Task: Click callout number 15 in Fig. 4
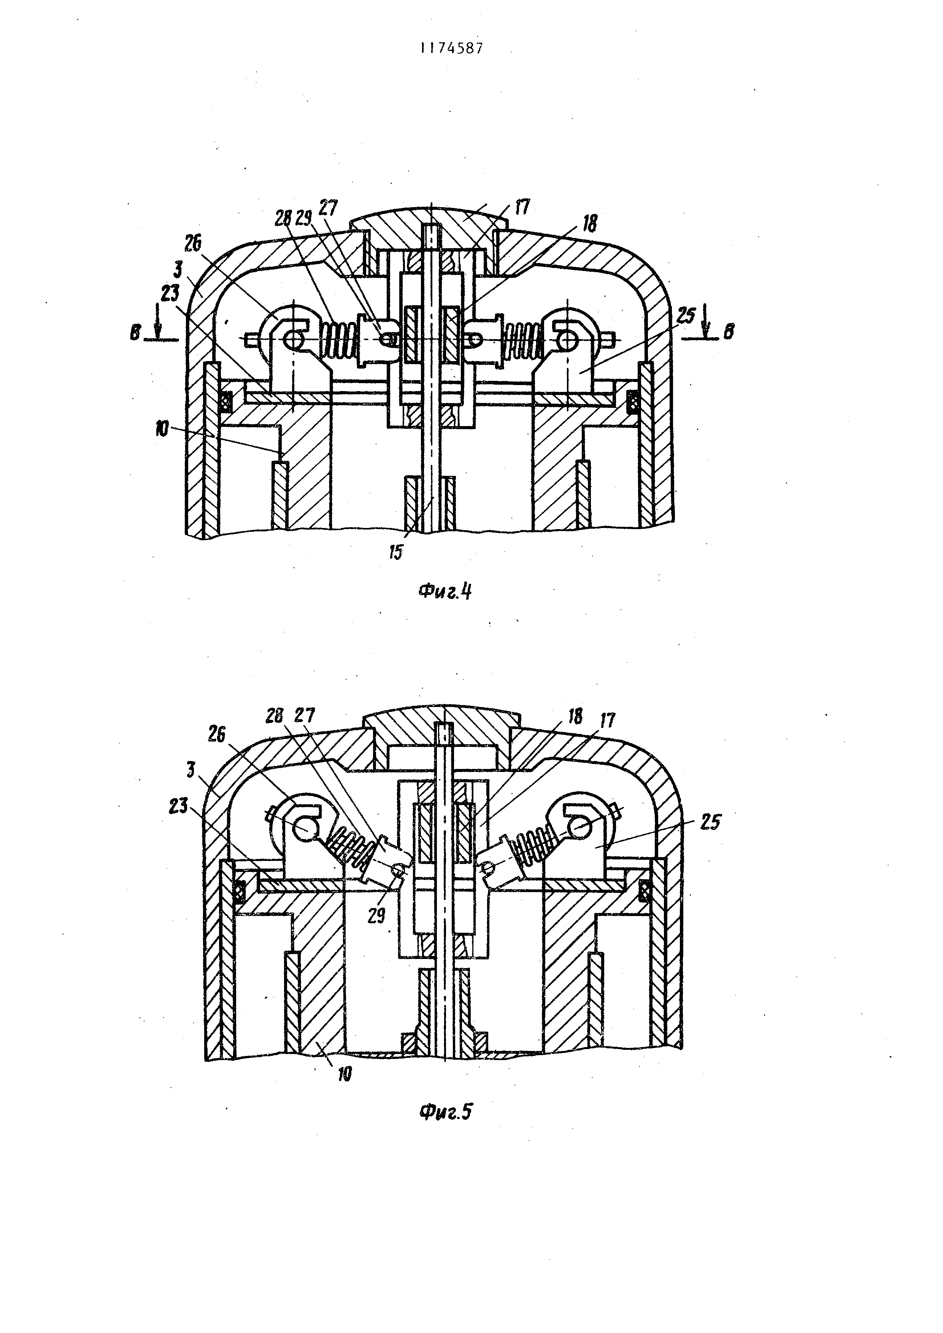coord(395,552)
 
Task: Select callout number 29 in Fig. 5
coord(376,916)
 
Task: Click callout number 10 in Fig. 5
coord(344,1074)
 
